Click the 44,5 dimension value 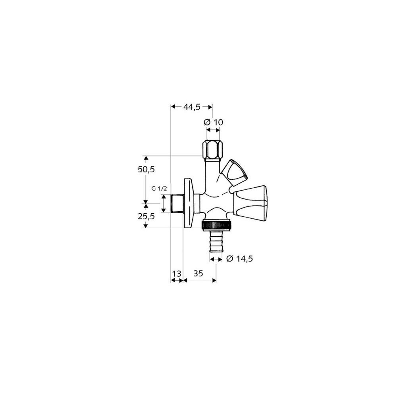192,107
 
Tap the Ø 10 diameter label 213,122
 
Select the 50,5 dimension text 146,170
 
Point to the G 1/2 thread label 159,189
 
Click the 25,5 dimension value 146,216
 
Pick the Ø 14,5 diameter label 239,259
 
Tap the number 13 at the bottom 177,274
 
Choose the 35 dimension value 198,274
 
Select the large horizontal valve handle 250,203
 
